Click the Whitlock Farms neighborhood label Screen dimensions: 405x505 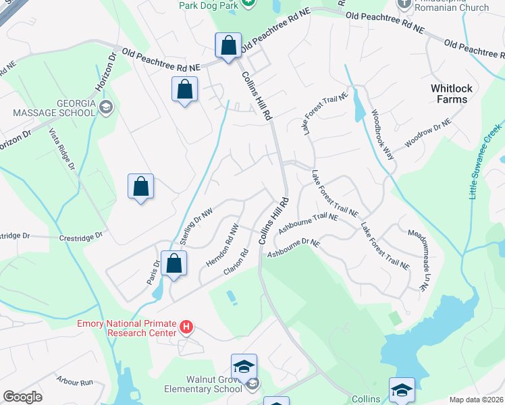tap(449, 94)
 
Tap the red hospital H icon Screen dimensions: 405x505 tap(186, 329)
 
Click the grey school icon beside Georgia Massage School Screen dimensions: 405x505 tap(105, 106)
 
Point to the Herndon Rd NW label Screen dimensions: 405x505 tap(223, 244)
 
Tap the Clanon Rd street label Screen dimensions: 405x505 tap(236, 263)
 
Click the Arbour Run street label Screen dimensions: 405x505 tap(75, 381)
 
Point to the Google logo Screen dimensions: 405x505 tap(22, 397)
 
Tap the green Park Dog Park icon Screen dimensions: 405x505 tap(248, 3)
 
